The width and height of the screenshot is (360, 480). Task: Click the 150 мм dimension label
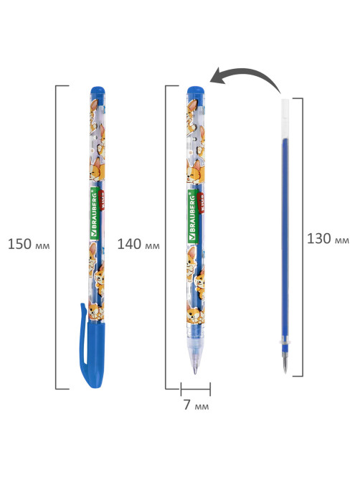point(29,244)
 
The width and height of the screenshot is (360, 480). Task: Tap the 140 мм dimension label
point(138,244)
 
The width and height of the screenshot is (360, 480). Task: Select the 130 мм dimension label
point(328,238)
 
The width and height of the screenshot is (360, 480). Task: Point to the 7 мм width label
point(196,405)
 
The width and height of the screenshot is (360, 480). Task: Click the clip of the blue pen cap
point(83,337)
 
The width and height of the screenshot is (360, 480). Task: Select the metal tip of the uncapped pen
point(195,371)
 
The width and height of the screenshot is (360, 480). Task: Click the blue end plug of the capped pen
point(98,90)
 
